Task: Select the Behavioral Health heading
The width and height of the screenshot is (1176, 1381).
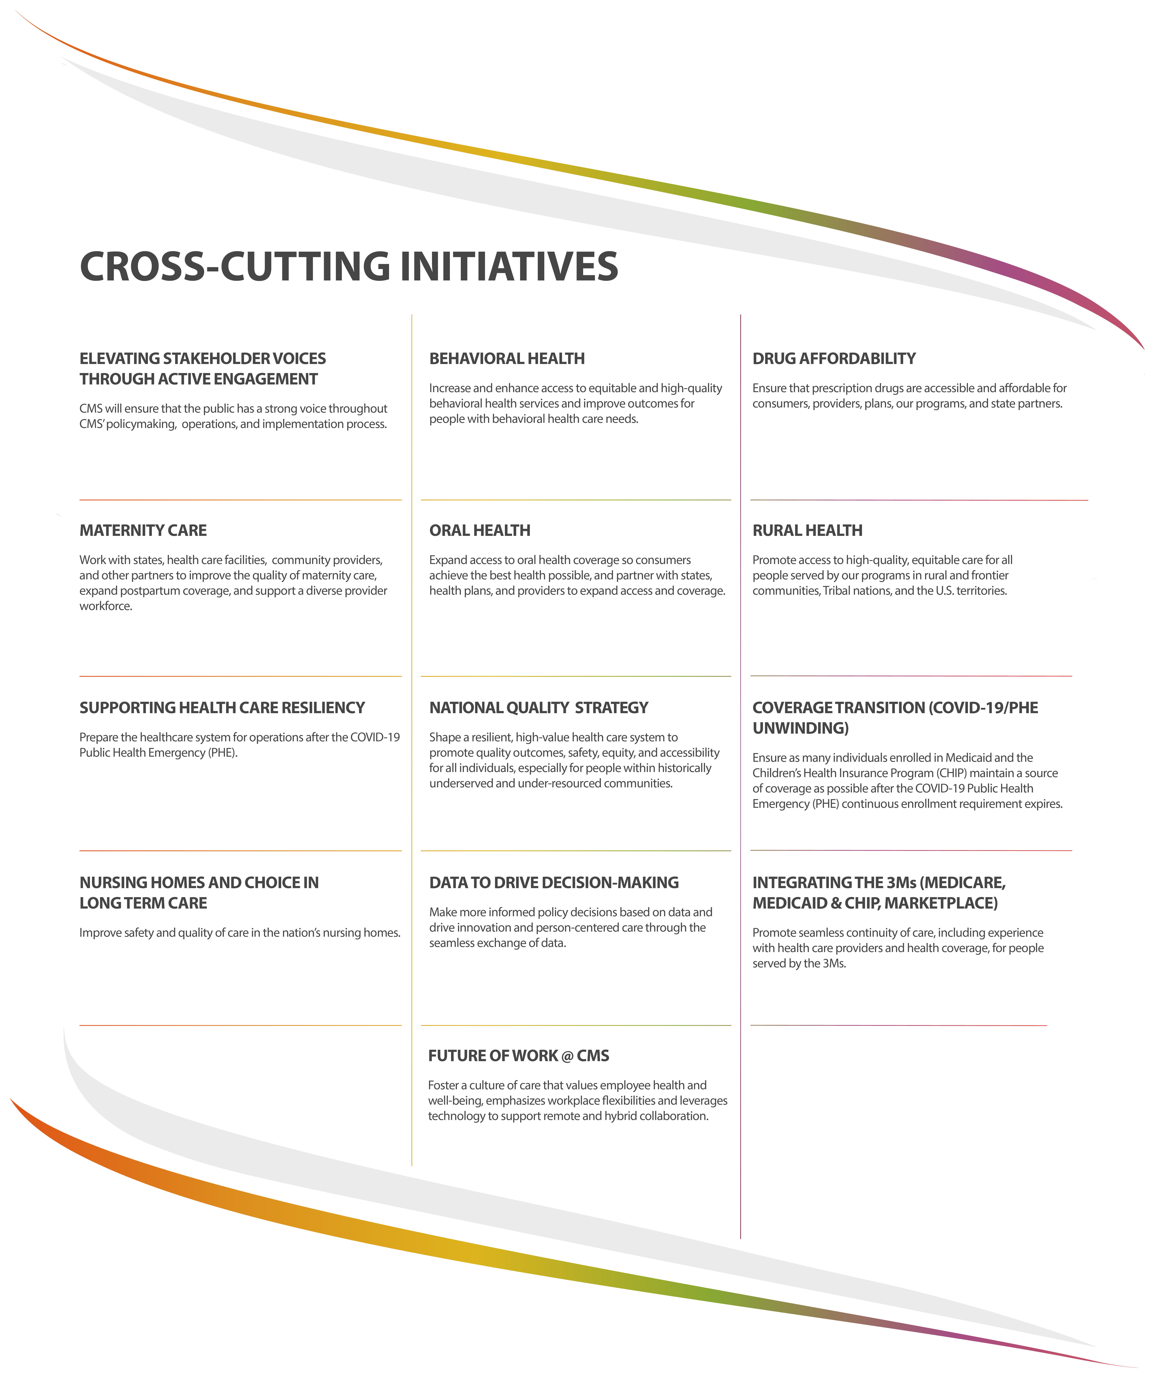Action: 506,359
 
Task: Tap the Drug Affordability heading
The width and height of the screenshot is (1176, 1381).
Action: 833,359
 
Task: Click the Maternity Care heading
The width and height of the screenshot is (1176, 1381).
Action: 143,531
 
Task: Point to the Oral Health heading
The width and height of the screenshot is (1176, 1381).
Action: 480,531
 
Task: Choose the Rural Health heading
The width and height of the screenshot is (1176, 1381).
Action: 807,531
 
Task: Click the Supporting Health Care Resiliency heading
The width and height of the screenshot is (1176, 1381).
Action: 222,708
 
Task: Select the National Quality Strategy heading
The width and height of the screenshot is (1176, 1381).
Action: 538,708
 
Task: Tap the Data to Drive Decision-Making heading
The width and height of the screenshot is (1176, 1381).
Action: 554,882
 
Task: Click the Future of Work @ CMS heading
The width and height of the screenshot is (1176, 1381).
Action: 518,1056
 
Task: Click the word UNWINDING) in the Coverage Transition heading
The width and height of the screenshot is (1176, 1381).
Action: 800,729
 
